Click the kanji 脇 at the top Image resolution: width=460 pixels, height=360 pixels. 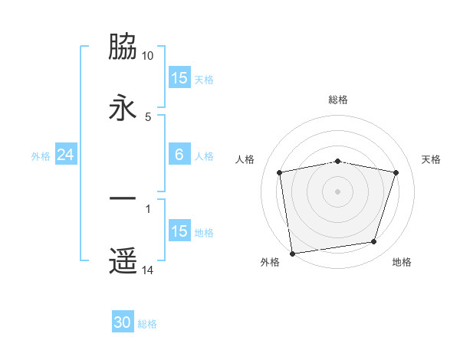point(123,47)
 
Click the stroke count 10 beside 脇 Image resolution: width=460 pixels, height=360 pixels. point(148,57)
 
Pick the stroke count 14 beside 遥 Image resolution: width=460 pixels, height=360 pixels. point(148,270)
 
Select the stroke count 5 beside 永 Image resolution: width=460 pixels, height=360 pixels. point(148,116)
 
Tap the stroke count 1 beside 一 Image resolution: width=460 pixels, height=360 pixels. point(148,208)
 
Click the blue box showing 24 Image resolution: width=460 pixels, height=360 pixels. point(65,155)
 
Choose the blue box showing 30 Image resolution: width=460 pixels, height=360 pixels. point(123,323)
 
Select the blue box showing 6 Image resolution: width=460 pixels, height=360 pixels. point(179,155)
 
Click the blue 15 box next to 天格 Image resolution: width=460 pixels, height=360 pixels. point(179,78)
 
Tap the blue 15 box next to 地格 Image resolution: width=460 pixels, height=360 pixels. point(179,231)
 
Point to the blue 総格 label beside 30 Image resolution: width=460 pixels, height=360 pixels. point(147,324)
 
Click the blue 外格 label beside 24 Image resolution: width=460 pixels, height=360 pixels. point(41,156)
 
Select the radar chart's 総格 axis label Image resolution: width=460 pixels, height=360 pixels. point(338,100)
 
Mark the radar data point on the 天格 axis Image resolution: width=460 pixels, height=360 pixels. point(396,173)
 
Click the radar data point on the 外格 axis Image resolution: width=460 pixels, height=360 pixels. point(292,253)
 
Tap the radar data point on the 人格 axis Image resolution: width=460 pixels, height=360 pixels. point(280,173)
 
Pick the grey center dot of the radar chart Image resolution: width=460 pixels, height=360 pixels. point(338,191)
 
